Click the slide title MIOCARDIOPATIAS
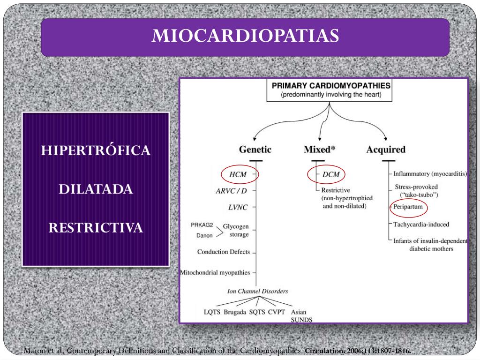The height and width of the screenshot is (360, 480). click(245, 36)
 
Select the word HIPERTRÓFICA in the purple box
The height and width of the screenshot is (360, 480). click(96, 150)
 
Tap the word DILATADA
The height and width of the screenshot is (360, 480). click(96, 189)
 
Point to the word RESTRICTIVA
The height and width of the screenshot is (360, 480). click(96, 228)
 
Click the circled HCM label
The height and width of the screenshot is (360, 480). click(238, 174)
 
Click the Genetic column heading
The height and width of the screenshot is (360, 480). click(255, 150)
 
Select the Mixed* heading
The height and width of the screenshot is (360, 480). click(320, 150)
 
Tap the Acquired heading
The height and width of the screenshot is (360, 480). click(385, 150)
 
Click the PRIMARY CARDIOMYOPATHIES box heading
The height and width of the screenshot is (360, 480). click(331, 86)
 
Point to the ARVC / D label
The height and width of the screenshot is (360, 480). click(231, 191)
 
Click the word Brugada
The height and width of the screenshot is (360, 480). click(235, 312)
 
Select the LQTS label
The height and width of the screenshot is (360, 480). click(212, 312)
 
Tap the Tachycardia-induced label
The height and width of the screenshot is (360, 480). click(421, 224)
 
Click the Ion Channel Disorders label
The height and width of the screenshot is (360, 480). click(257, 291)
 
